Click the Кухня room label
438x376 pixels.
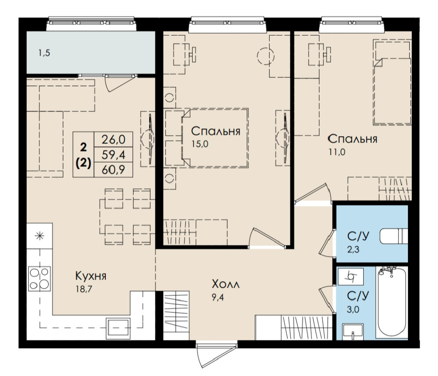click(x=91, y=276)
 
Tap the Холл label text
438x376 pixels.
click(x=226, y=284)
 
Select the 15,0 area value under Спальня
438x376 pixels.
click(x=200, y=144)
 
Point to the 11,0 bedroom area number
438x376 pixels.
click(x=337, y=152)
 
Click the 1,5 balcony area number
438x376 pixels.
click(x=44, y=53)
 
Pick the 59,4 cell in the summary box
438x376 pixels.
click(x=113, y=154)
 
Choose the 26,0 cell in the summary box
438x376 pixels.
click(x=113, y=139)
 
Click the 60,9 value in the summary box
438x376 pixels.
click(x=113, y=169)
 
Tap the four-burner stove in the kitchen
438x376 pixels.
click(x=39, y=279)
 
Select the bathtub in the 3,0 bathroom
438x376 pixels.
click(x=392, y=302)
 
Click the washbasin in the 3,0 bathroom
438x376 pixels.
click(x=353, y=331)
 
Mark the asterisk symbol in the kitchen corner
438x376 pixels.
click(x=39, y=236)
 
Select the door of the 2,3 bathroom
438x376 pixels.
click(x=326, y=243)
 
